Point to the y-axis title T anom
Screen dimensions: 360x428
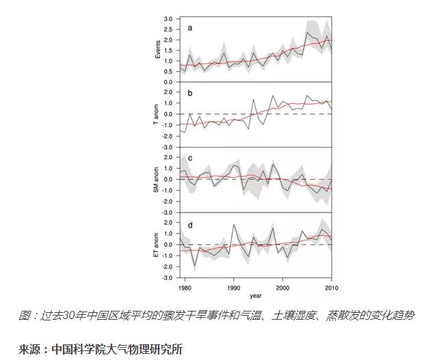pos(157,114)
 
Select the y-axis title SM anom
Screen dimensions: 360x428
pos(157,179)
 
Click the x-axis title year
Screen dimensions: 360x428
pos(254,296)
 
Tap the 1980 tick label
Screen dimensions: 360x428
pos(183,287)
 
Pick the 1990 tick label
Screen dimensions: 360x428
pos(233,287)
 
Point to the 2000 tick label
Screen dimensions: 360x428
pos(282,287)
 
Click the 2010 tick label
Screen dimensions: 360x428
pos(332,287)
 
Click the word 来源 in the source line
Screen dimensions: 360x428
pos(30,348)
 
